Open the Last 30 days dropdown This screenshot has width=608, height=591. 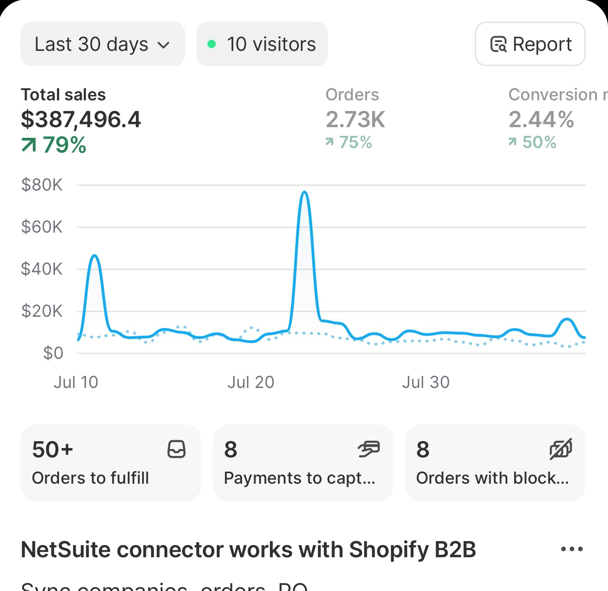coord(103,44)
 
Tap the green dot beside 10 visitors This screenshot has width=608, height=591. coord(212,44)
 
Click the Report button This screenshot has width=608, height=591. coord(530,44)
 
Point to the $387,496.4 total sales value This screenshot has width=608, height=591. coord(81,120)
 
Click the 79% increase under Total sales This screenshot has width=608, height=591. coord(55,145)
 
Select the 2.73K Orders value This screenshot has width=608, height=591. coord(355,120)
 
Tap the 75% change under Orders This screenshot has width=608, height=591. coord(349,142)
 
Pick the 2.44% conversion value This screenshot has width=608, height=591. coord(541,120)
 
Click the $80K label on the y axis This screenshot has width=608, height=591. coord(42,185)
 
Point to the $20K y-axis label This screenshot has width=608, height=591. coord(42,311)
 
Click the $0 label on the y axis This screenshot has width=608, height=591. coord(53,353)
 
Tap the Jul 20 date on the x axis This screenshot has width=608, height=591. coord(250,382)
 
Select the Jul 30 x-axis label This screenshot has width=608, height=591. coord(426,382)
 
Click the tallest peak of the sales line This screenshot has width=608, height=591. coord(304,192)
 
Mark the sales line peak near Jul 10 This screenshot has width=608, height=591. coord(95,255)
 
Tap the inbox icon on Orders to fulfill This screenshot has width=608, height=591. coord(176,449)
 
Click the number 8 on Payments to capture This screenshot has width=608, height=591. coord(231,449)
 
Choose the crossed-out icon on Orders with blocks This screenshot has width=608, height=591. coord(561,449)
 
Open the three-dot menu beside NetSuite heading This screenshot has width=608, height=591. coord(572,549)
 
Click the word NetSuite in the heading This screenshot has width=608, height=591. coord(64,550)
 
